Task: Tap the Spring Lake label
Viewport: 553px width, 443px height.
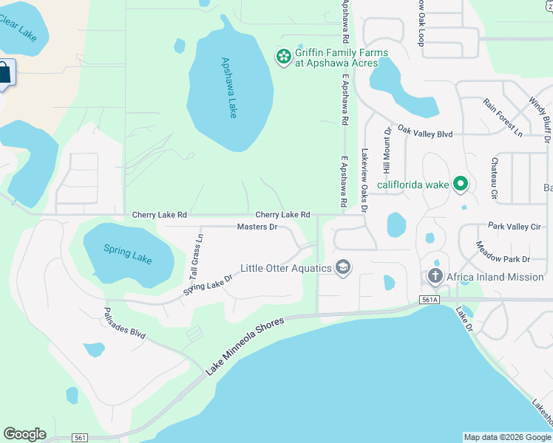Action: coord(128,254)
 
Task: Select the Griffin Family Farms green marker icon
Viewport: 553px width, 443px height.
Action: coord(283,56)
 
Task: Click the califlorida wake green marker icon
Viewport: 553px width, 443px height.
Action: coord(461,184)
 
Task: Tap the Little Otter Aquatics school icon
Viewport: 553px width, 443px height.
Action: coord(342,267)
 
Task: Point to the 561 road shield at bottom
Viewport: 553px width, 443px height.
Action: coord(81,438)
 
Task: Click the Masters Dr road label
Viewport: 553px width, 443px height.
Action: coord(257,227)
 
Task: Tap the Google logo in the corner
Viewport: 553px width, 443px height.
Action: coord(24,434)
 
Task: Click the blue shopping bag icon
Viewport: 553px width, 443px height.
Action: coord(4,72)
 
